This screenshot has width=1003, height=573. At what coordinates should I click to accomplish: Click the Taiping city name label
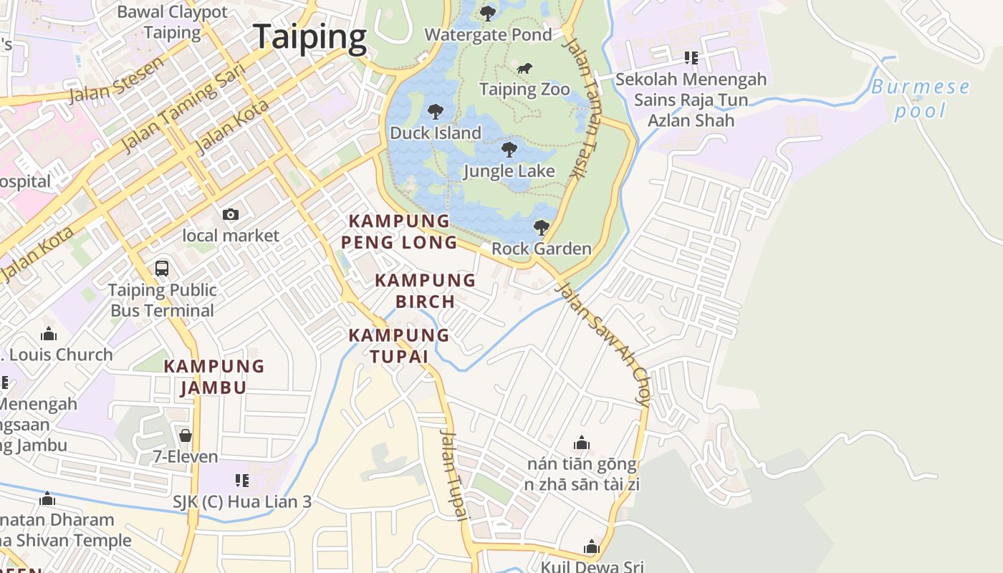(x=309, y=37)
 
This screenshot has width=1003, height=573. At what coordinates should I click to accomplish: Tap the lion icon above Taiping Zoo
(x=524, y=69)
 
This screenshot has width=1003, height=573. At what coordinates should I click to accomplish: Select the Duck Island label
(x=435, y=133)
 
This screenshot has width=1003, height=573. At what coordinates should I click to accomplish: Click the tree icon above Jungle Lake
(x=509, y=150)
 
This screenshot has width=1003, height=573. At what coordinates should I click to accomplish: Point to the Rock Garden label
(x=541, y=249)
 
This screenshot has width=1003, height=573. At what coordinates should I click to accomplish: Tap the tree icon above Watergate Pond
(x=488, y=13)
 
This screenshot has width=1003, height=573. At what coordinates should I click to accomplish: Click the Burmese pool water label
(x=921, y=99)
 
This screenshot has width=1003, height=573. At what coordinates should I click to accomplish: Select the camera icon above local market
(x=230, y=214)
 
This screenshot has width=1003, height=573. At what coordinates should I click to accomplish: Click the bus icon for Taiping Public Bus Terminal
(x=162, y=269)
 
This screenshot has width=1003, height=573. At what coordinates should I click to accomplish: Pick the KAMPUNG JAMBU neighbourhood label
(x=214, y=377)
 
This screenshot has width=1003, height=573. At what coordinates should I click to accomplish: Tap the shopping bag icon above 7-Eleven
(x=185, y=435)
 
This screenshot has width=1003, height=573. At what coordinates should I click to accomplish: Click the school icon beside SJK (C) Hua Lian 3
(x=242, y=480)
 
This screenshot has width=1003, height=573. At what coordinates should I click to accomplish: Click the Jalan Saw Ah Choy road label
(x=604, y=344)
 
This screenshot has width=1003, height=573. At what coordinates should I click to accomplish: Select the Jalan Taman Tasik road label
(x=581, y=107)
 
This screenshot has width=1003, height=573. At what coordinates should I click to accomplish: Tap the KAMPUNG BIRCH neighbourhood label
(x=425, y=290)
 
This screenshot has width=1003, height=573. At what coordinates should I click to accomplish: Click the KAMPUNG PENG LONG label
(x=398, y=231)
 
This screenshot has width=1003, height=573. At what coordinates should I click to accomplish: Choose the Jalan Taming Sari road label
(x=184, y=107)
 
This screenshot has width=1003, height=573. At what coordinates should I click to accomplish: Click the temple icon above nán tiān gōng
(x=582, y=443)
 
